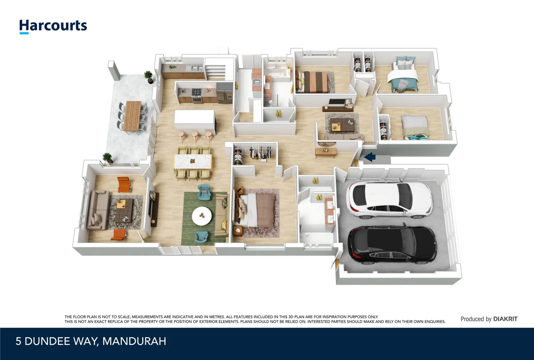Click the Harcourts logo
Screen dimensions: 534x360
[53, 26]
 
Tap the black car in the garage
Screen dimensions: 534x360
[392, 245]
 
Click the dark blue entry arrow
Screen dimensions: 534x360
[369, 157]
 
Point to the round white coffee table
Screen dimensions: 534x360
[202, 216]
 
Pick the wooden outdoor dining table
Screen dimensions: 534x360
[132, 116]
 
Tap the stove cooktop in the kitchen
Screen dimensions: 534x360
[197, 92]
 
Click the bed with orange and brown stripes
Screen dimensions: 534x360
[312, 81]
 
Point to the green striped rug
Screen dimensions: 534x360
[204, 219]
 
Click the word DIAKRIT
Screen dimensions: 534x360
[505, 319]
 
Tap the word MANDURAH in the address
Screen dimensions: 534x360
[134, 341]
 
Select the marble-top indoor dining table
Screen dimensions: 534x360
[193, 162]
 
